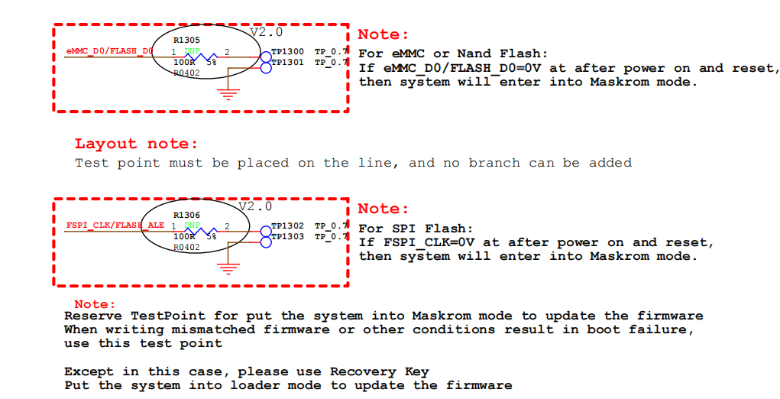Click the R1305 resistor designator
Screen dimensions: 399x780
186,40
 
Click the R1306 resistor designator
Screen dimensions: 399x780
186,216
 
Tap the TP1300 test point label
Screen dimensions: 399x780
287,52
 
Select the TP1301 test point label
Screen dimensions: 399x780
287,62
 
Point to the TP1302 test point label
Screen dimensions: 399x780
287,226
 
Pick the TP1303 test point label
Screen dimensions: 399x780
287,236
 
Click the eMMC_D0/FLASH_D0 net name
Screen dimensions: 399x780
109,51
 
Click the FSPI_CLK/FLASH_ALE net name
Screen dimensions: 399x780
115,225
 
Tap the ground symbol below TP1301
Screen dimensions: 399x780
227,94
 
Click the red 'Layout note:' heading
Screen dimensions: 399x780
136,144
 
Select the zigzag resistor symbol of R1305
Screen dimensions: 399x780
204,57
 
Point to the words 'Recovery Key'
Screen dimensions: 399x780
379,371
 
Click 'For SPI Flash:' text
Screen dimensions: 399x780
416,229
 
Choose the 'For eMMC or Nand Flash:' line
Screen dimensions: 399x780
453,54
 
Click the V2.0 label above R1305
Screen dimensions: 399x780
267,32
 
